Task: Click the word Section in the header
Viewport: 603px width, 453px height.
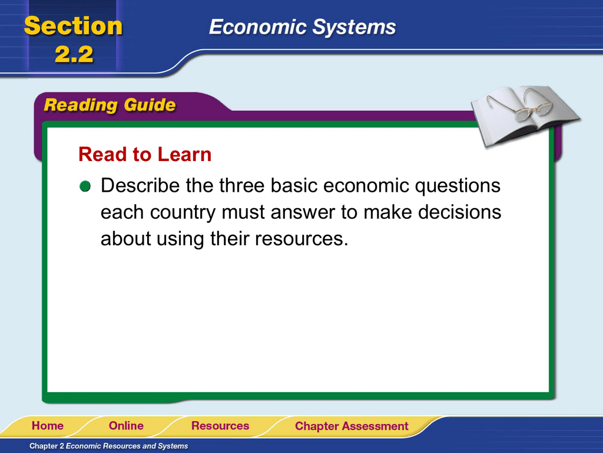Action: pyautogui.click(x=73, y=26)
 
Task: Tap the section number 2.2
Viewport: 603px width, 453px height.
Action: pyautogui.click(x=74, y=54)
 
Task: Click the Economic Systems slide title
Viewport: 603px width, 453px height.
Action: pyautogui.click(x=302, y=27)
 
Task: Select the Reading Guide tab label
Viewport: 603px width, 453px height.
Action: pyautogui.click(x=110, y=105)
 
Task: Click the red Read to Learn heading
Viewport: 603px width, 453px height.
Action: pyautogui.click(x=145, y=155)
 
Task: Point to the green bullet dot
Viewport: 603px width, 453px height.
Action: pyautogui.click(x=85, y=186)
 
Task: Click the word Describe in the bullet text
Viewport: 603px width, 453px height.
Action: pyautogui.click(x=140, y=185)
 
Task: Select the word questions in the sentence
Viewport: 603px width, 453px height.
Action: pyautogui.click(x=458, y=186)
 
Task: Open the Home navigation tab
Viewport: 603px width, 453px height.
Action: pyautogui.click(x=48, y=426)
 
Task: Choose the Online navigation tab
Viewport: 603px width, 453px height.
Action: pyautogui.click(x=126, y=426)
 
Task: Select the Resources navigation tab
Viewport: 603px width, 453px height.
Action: pyautogui.click(x=220, y=426)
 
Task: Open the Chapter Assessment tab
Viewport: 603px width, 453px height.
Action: pyautogui.click(x=352, y=426)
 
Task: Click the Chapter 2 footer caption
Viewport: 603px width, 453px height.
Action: pyautogui.click(x=109, y=446)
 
